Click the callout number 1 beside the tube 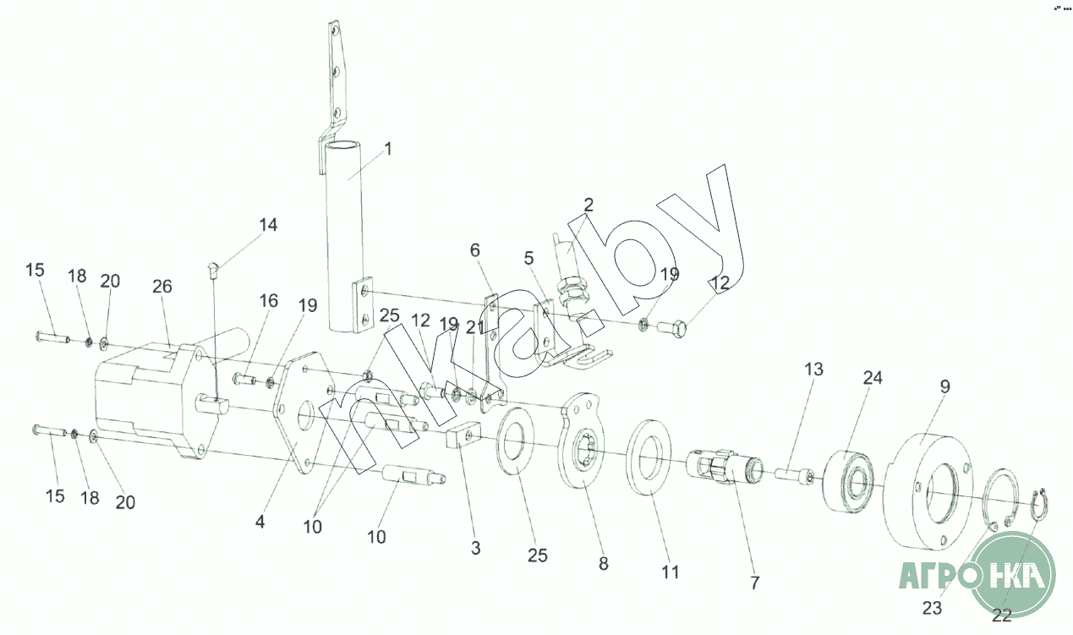pos(388,150)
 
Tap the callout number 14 pos(268,225)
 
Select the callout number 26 pos(162,287)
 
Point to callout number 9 pos(944,386)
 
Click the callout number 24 pos(872,378)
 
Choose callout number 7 pos(755,583)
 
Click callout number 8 pos(603,564)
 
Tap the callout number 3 pos(476,548)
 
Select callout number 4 pos(260,523)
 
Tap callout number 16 pos(268,301)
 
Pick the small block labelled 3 pos(459,438)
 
